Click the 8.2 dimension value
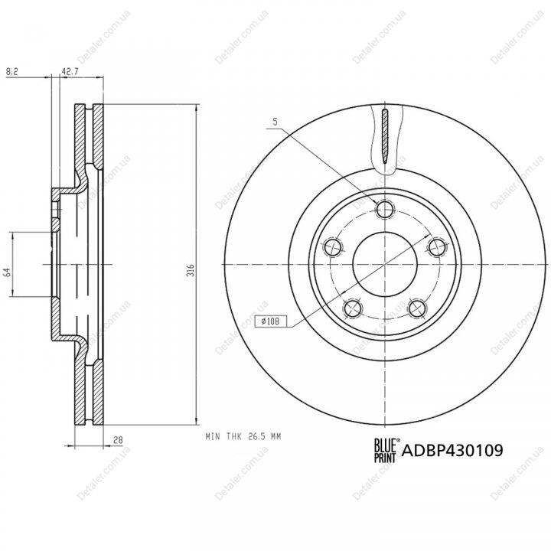[x=12, y=71]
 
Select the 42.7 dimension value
[x=70, y=71]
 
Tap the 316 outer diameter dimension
[x=191, y=270]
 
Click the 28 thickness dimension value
[x=118, y=439]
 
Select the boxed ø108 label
[x=271, y=321]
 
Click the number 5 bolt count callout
[x=275, y=122]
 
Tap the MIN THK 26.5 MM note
[x=243, y=437]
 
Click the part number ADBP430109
[x=452, y=450]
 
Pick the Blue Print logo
[x=385, y=450]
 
